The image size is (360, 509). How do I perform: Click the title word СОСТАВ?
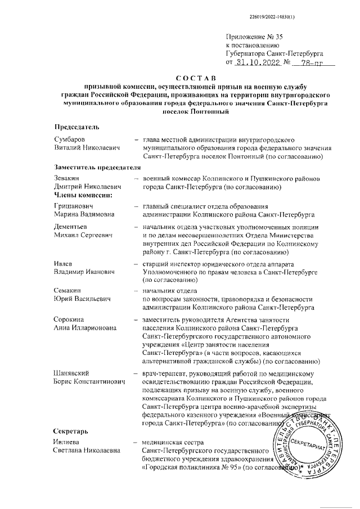[192, 77]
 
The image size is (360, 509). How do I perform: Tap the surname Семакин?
[70, 290]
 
